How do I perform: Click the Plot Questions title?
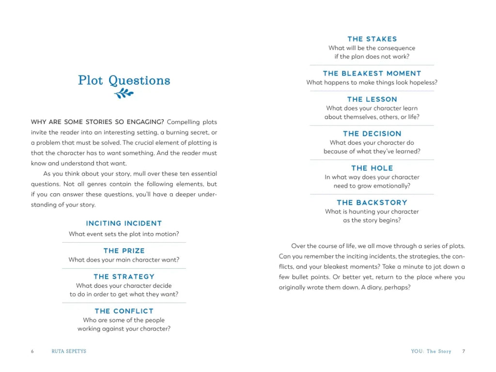click(124, 80)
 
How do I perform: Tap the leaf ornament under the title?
click(124, 93)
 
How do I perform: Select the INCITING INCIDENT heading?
click(124, 223)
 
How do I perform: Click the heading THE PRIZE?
click(124, 250)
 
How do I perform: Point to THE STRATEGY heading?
click(124, 277)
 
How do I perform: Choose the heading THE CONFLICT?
click(124, 311)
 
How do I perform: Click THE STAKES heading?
click(372, 39)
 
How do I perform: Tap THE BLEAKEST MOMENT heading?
click(372, 73)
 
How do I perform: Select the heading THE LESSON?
click(372, 99)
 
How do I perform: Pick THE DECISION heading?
click(372, 134)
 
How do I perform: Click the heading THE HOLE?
click(372, 168)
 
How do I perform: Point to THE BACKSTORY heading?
click(372, 202)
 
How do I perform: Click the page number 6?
click(32, 352)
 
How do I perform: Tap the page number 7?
click(464, 352)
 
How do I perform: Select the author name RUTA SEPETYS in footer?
click(69, 352)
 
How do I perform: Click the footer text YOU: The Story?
click(431, 352)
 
